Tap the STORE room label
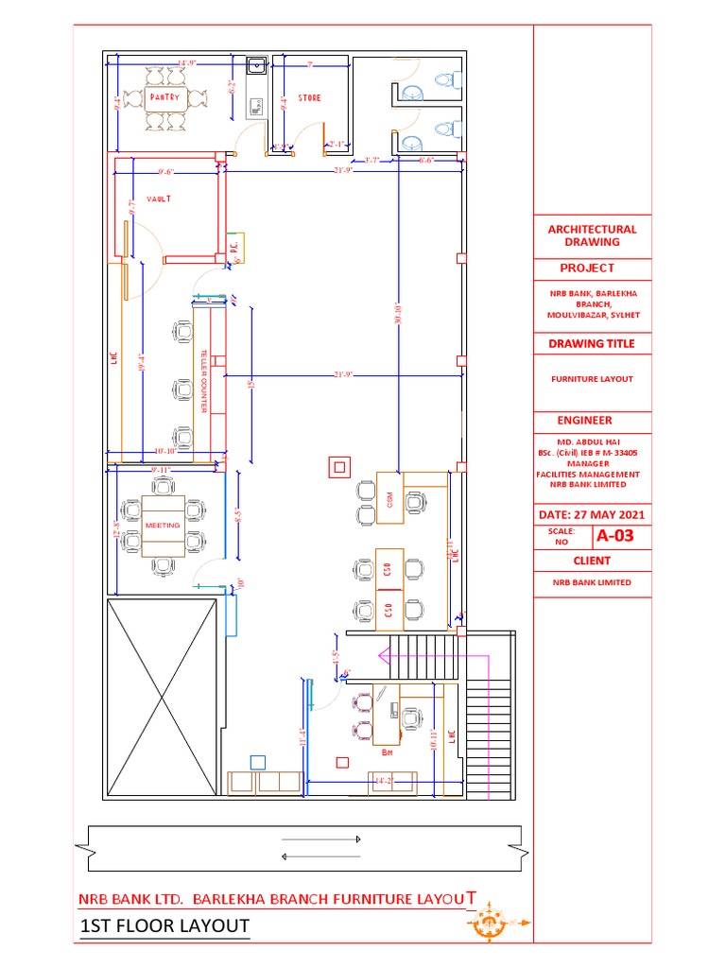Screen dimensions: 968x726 pos(309,97)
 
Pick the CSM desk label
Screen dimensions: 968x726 pos(389,499)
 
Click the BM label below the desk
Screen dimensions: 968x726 pos(387,753)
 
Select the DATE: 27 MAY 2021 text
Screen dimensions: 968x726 pos(591,515)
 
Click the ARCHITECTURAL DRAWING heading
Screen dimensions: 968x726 pos(592,235)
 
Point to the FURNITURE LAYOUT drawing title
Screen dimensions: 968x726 pos(592,379)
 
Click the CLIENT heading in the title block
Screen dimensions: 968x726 pos(592,562)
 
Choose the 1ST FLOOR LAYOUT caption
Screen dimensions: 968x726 pos(166,925)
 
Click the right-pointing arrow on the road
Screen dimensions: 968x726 pos(321,839)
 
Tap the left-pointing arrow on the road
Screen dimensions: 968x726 pos(321,856)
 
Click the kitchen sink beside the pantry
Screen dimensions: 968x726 pos(255,66)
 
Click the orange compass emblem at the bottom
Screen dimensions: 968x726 pos(489,919)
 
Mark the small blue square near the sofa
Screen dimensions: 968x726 pos(256,761)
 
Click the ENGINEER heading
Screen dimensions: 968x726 pos(585,421)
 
